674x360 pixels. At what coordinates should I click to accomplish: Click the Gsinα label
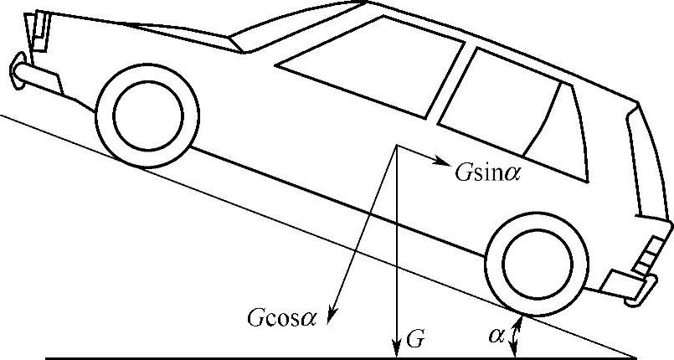click(x=486, y=165)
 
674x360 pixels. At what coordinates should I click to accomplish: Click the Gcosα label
click(x=282, y=319)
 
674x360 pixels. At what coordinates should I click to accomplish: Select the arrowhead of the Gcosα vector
click(x=332, y=319)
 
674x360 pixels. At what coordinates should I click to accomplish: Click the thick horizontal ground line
click(x=251, y=357)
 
